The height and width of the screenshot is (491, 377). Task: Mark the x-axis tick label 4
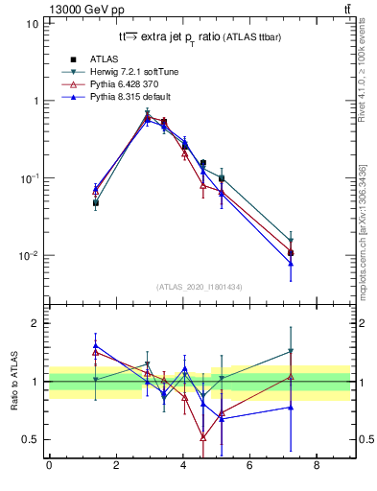pos(182,467)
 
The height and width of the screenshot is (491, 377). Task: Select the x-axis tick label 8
pos(316,467)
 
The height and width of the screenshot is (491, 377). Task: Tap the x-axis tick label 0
pos(49,467)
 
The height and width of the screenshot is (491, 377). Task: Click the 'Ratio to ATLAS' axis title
pos(14,382)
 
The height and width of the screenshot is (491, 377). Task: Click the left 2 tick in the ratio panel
pos(37,323)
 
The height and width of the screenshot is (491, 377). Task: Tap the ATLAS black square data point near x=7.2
pos(291,253)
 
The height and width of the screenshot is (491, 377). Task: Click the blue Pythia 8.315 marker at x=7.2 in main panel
pos(291,263)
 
